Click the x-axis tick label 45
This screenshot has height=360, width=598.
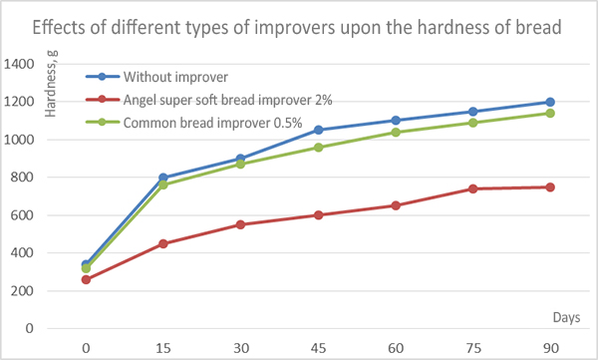[319, 348]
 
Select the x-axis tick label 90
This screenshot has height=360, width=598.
[549, 348]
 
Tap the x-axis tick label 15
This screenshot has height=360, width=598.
[162, 348]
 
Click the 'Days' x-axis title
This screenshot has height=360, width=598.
[565, 316]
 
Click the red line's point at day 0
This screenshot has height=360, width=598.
[87, 279]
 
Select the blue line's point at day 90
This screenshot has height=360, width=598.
[549, 102]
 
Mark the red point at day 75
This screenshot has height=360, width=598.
[472, 188]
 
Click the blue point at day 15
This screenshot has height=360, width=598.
[163, 178]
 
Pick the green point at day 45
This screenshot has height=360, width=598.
[319, 148]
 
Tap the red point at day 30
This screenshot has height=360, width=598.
[241, 224]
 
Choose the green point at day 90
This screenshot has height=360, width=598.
[549, 113]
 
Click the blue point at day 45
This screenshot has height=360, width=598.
[319, 130]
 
